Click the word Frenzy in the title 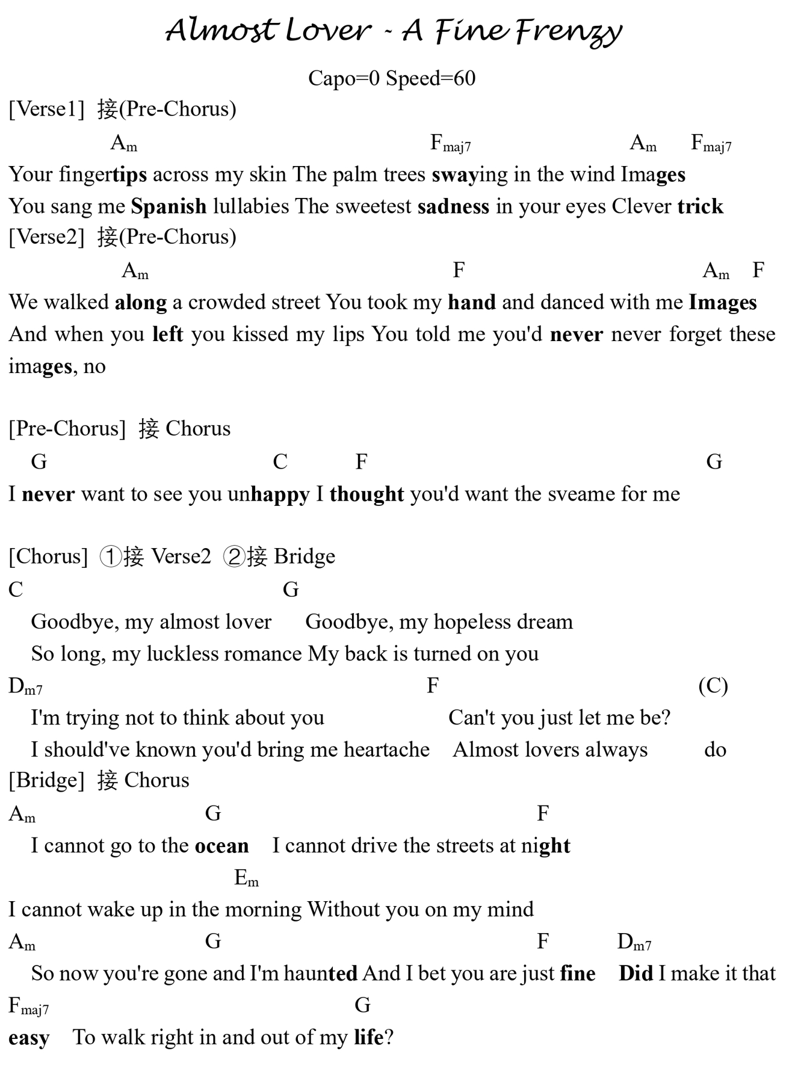pos(568,31)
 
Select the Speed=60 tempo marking pos(430,78)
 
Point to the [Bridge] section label pos(46,780)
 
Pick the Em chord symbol pos(246,878)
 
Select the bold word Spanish pos(169,206)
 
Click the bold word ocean pos(221,846)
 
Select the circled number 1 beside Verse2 pos(111,556)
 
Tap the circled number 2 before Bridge pos(234,556)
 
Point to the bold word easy pos(29,1038)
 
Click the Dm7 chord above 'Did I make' pos(634,942)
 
